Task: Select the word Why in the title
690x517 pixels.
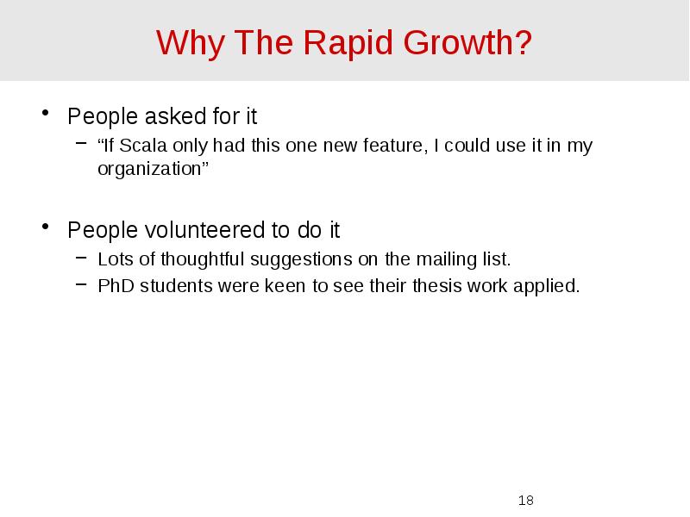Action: click(x=183, y=41)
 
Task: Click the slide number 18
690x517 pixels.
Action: click(x=525, y=500)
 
